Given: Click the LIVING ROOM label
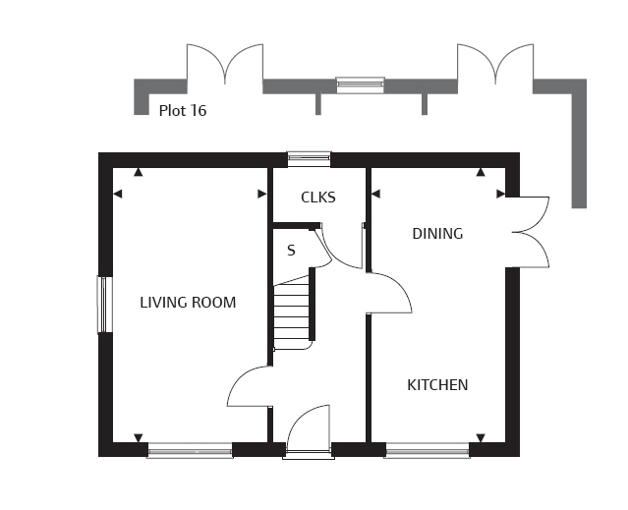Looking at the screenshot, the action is click(x=188, y=303).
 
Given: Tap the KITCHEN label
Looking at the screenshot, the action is click(x=437, y=385).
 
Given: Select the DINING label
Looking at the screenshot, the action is click(x=437, y=234).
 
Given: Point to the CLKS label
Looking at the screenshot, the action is click(x=318, y=198).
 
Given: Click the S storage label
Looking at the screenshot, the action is click(x=291, y=251).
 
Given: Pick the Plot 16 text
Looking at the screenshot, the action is click(x=183, y=110).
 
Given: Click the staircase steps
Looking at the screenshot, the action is click(x=292, y=312).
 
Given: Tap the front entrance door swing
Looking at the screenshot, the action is click(x=309, y=429).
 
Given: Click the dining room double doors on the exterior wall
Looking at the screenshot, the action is click(x=528, y=232).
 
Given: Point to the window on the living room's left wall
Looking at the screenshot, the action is click(x=104, y=305).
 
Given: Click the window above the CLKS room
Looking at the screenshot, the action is click(x=310, y=159).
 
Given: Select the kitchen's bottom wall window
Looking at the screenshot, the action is click(x=428, y=450).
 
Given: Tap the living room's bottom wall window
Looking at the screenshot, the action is click(x=191, y=450).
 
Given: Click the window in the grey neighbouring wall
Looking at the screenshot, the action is click(x=360, y=85).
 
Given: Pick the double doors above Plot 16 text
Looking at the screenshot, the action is click(x=225, y=64).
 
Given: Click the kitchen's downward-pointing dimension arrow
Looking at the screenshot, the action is click(x=481, y=437).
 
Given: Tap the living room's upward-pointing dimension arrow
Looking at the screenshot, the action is click(x=139, y=172).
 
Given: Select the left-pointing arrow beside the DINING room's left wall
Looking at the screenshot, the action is click(x=375, y=195).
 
